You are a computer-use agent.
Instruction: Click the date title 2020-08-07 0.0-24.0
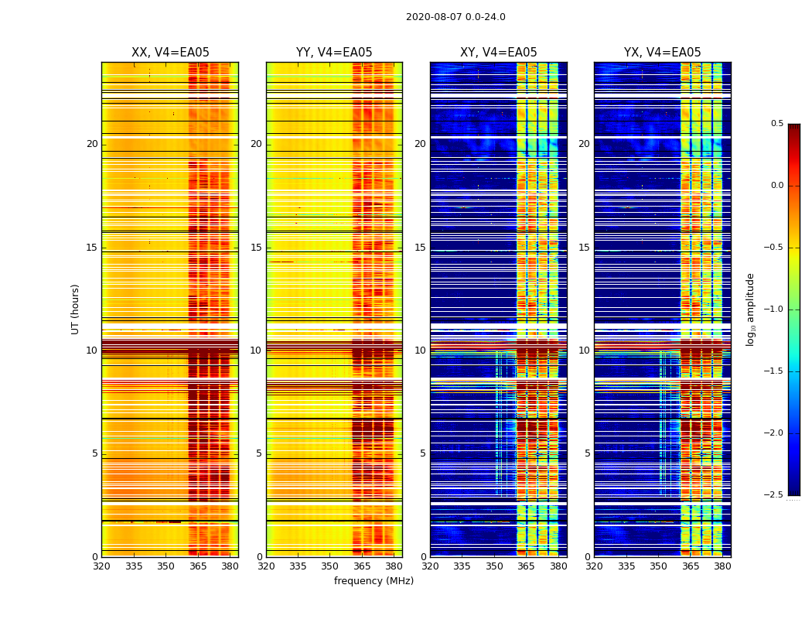click(455, 17)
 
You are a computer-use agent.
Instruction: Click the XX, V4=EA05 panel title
click(170, 53)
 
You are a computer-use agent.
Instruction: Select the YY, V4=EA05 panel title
click(334, 53)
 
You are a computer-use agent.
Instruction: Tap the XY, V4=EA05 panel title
click(498, 53)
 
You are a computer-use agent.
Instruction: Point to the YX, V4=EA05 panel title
click(662, 53)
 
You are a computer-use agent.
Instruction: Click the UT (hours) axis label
click(76, 309)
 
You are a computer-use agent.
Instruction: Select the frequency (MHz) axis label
click(374, 581)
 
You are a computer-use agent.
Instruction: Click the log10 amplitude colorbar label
click(750, 309)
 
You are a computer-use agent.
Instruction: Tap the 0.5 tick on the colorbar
click(776, 124)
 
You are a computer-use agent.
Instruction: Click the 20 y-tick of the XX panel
click(92, 144)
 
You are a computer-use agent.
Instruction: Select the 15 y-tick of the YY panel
click(256, 248)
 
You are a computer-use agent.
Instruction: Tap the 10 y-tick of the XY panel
click(420, 351)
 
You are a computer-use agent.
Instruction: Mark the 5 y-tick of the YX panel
click(587, 453)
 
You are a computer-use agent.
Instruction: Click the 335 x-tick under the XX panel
click(134, 566)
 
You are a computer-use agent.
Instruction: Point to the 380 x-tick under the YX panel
click(722, 566)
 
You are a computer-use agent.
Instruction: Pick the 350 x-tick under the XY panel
click(494, 566)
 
